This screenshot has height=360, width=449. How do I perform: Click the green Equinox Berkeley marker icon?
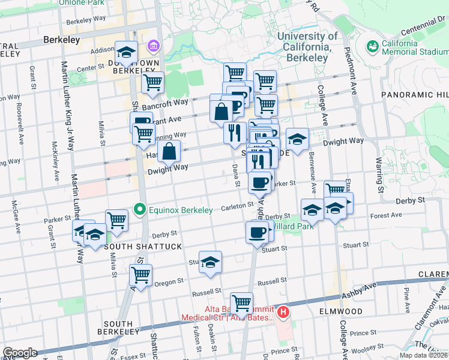(x=140, y=209)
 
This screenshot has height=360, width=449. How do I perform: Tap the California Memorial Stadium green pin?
(x=373, y=46)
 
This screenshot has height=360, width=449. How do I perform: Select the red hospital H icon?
(x=283, y=312)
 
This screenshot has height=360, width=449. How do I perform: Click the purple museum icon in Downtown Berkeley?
(x=153, y=46)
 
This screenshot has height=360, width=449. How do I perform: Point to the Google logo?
(x=19, y=353)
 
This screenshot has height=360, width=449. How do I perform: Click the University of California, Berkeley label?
(x=307, y=47)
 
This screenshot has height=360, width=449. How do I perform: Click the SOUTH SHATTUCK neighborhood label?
(x=135, y=247)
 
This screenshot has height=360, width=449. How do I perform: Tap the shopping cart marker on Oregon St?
(x=141, y=276)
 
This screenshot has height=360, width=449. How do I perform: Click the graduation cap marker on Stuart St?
(x=210, y=262)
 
